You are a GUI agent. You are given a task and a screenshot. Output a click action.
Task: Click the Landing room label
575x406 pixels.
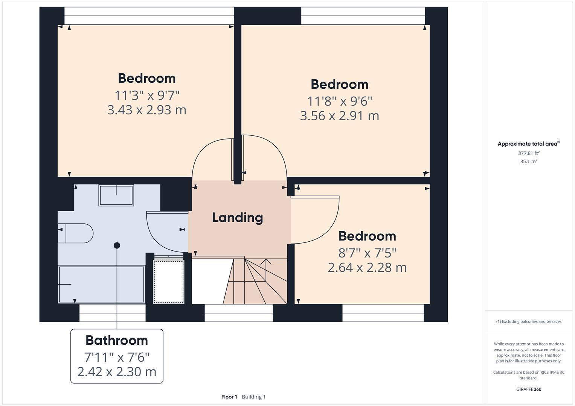[x=237, y=218]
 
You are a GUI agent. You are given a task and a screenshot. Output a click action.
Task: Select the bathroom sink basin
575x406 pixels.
[x=116, y=195]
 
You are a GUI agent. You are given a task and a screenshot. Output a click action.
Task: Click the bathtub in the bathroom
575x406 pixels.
[x=101, y=284]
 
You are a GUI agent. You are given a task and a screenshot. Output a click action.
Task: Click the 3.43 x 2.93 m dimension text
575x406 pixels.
[x=146, y=110]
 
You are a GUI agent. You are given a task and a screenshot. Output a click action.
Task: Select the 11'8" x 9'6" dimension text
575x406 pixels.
[x=339, y=101]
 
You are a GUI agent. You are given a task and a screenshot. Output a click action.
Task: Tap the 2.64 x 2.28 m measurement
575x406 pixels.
[x=367, y=268]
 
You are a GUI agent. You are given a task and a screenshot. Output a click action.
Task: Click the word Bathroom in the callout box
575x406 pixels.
[x=117, y=340]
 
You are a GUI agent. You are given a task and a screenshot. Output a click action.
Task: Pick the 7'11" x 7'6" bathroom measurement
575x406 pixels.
[x=117, y=356]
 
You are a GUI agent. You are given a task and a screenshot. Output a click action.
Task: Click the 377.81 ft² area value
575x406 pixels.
[x=529, y=153]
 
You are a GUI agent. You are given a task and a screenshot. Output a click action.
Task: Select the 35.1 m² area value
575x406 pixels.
[x=529, y=161]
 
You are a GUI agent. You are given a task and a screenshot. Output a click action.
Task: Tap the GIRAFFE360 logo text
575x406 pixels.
[x=529, y=389]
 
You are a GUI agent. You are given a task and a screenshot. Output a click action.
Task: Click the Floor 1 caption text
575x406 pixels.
[x=229, y=397]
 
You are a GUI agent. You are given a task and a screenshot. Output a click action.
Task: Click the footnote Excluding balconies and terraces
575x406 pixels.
[x=529, y=321]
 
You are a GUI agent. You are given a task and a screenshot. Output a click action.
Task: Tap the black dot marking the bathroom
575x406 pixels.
[x=117, y=245]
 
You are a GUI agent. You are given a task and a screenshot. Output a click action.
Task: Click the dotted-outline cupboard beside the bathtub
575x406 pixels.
[x=169, y=282]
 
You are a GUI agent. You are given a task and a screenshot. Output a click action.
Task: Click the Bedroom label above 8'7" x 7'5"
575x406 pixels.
[x=367, y=236]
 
